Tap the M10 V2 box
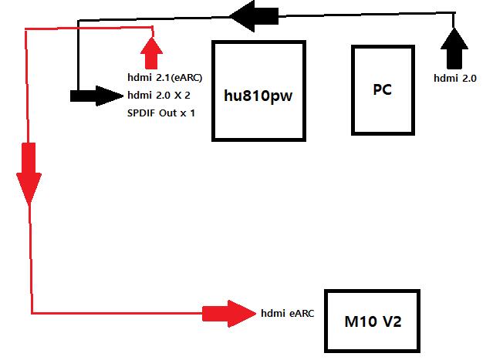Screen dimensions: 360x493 (x=373, y=321)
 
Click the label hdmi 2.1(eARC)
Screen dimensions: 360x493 (x=164, y=77)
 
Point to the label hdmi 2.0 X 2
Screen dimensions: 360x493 (x=159, y=96)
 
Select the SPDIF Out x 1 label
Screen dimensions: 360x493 (x=160, y=113)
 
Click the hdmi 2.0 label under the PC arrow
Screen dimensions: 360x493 (x=455, y=78)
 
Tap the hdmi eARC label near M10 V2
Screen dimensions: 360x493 (x=287, y=313)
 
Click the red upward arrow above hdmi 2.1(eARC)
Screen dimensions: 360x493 (x=151, y=52)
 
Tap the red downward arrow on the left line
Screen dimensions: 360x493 (x=29, y=173)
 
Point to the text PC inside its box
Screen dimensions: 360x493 (x=382, y=89)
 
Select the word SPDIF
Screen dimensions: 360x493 (x=141, y=113)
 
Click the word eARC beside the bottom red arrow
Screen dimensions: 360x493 (x=301, y=313)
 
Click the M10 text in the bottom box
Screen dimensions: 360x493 (x=360, y=321)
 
